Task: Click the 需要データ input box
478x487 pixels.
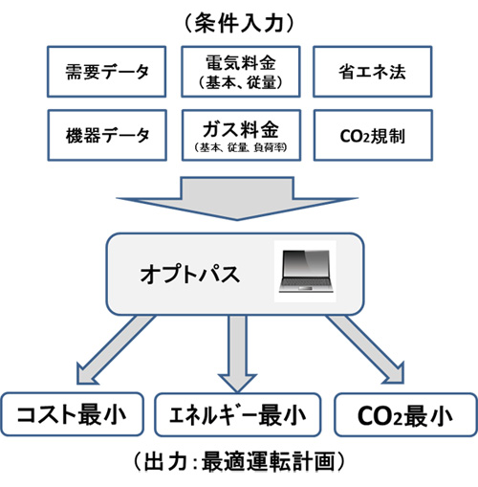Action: click(106, 72)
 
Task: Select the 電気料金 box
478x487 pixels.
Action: click(241, 72)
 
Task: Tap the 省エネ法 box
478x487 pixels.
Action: click(373, 72)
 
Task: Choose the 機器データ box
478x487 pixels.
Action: click(107, 135)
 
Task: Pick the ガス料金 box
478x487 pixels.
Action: click(241, 135)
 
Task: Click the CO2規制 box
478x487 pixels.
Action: click(373, 135)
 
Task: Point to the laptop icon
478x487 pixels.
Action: click(306, 271)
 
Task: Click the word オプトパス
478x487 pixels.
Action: click(190, 274)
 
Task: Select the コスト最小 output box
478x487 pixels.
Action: click(72, 414)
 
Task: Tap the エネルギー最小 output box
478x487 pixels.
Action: click(237, 414)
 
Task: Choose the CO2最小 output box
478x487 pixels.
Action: click(405, 415)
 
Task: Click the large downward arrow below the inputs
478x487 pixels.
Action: click(237, 198)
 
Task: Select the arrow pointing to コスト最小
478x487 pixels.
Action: click(117, 350)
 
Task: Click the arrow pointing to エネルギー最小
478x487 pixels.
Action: click(237, 354)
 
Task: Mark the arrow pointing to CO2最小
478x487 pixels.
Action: click(365, 349)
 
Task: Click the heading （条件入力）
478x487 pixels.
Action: click(239, 23)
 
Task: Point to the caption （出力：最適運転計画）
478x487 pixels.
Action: click(239, 461)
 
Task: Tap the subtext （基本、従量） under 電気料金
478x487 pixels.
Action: click(241, 83)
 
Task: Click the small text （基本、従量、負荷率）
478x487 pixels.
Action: click(241, 147)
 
